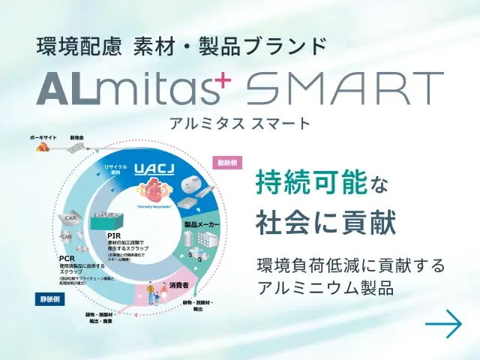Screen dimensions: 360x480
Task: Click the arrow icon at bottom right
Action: tap(442, 324)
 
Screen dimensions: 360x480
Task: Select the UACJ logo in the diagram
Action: tap(155, 172)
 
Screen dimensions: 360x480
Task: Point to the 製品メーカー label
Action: tap(200, 223)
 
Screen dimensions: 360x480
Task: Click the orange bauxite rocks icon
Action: tap(42, 148)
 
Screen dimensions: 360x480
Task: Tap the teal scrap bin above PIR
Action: tap(107, 220)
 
